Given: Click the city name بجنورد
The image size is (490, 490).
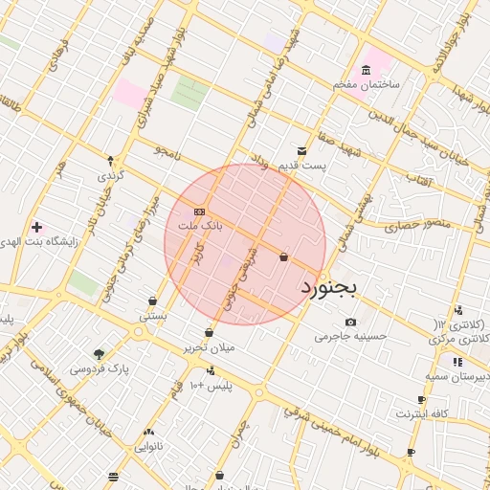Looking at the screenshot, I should tap(328, 286).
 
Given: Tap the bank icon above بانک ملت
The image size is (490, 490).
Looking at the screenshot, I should tap(199, 212).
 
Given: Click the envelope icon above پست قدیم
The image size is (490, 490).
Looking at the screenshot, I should tap(301, 151).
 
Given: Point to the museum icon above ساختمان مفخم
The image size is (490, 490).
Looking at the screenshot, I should tap(367, 70).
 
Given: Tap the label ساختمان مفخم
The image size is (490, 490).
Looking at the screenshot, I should tap(367, 86).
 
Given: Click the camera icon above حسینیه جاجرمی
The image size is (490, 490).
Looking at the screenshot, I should tap(350, 322).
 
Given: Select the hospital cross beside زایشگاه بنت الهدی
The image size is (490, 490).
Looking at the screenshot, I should tap(37, 228).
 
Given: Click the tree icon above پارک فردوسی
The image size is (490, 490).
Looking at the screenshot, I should tap(100, 353).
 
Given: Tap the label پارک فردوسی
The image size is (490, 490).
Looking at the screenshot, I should tap(100, 368).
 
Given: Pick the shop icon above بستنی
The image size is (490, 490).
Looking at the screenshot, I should tap(153, 301).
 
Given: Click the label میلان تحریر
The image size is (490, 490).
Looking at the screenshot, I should tap(209, 348).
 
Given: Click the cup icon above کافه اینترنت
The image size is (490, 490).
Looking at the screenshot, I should tap(422, 400).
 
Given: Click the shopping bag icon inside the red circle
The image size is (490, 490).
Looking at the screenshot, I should tap(283, 256).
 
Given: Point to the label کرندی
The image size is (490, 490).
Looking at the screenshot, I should tap(111, 177).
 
